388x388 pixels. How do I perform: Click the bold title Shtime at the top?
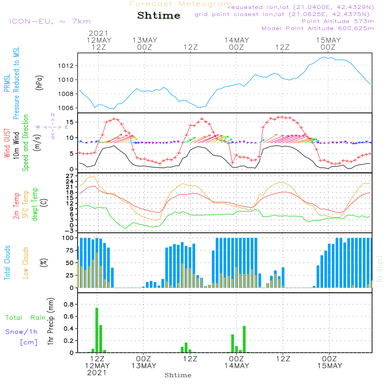tap(159, 16)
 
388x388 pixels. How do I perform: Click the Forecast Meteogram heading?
tap(181, 4)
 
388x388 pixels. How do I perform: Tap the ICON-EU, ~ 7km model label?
tap(50, 21)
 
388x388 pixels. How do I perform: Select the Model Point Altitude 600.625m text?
tap(318, 28)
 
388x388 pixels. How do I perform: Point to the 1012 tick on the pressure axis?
tap(66, 66)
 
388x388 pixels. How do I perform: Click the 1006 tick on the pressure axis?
tap(66, 108)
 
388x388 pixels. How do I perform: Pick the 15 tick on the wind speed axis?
tap(70, 122)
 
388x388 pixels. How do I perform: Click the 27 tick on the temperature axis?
tap(70, 176)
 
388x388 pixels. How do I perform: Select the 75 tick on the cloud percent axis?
tap(70, 250)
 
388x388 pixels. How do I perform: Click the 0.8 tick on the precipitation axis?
tap(69, 304)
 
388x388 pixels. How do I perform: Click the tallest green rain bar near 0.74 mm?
tap(97, 330)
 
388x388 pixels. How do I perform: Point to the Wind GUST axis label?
tap(7, 143)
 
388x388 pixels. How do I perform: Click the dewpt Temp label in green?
tap(35, 204)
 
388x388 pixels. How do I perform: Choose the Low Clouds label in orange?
tap(25, 263)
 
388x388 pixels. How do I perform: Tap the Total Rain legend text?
tap(26, 317)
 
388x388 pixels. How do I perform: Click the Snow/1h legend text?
tap(21, 332)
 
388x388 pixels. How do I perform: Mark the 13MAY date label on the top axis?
tap(145, 40)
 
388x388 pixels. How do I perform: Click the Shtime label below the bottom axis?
tap(178, 375)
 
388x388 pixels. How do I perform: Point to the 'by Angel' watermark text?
tap(379, 269)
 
